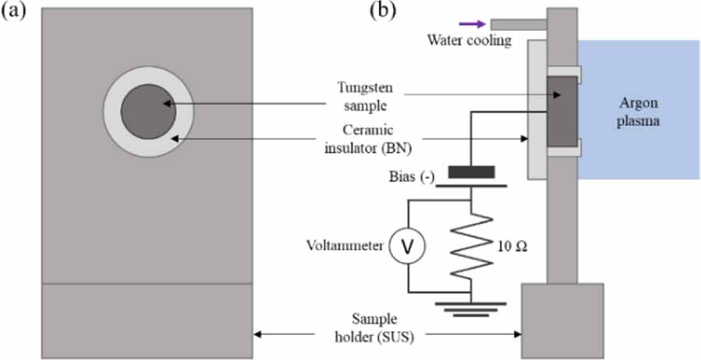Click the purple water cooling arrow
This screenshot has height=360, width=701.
[x=473, y=23]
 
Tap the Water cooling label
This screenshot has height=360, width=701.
[x=469, y=41]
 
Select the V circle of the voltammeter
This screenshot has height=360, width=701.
[x=407, y=247]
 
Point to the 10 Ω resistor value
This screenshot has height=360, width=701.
[x=512, y=246]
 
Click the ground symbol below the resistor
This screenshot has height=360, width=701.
[x=471, y=309]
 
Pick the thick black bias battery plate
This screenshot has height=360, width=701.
[x=471, y=172]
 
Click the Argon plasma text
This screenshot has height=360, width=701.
[x=639, y=111]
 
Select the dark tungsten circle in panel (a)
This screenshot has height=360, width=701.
[x=148, y=111]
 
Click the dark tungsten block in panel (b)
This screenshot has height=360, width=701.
[x=562, y=111]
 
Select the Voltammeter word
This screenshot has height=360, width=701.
[x=345, y=245]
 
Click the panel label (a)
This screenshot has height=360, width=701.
[x=12, y=11]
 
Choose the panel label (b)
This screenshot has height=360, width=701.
[x=383, y=11]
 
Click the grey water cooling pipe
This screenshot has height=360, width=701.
[x=519, y=24]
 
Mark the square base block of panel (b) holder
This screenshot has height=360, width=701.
[x=562, y=321]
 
